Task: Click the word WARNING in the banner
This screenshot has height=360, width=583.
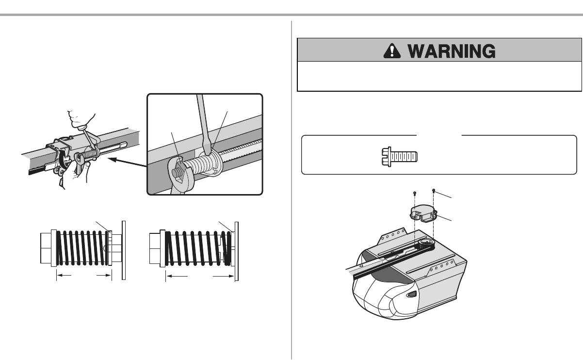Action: (451, 51)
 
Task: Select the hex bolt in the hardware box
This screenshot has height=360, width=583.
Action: (400, 157)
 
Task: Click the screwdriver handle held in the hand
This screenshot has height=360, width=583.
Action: (82, 127)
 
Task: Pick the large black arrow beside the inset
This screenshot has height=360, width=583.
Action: (127, 162)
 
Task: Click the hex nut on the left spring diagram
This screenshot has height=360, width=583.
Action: (46, 248)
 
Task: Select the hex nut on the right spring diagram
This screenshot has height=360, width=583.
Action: (155, 248)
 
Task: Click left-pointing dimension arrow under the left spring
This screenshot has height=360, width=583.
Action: (64, 275)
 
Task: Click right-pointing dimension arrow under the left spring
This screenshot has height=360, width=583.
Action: (104, 275)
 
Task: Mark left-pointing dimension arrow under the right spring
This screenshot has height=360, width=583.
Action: (177, 276)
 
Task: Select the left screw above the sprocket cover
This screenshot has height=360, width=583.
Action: (415, 193)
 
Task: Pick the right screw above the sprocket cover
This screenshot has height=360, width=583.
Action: (434, 191)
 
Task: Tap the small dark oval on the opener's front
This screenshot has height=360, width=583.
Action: (411, 295)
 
